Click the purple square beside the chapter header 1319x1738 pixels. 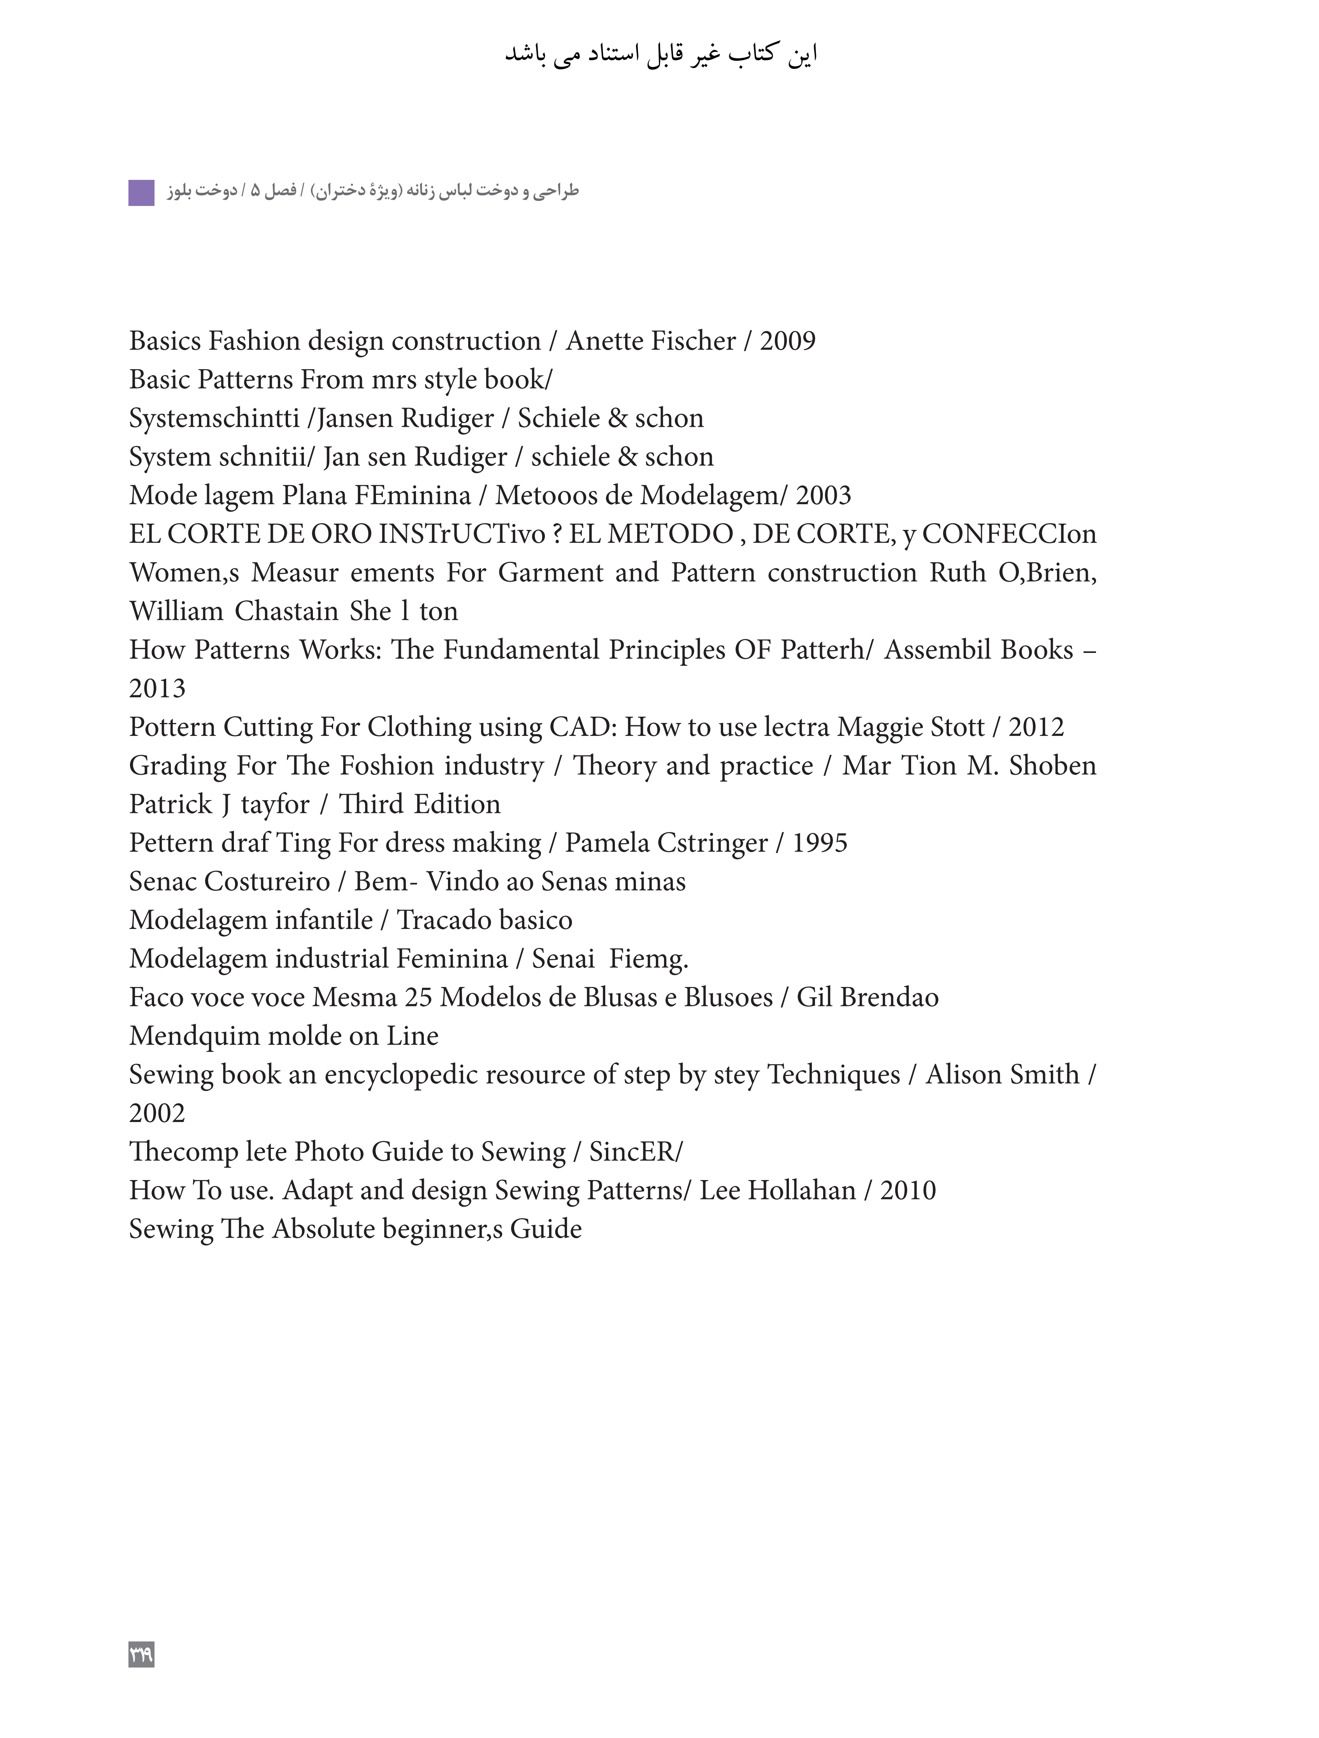click(141, 192)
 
